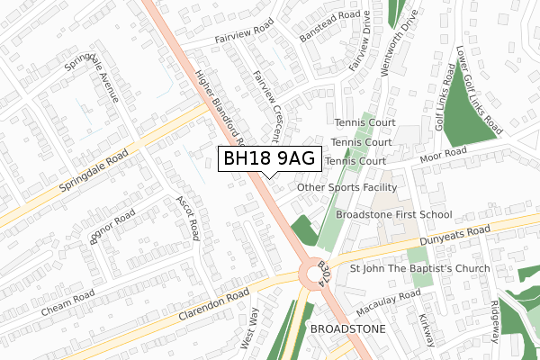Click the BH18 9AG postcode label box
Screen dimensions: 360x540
point(269,158)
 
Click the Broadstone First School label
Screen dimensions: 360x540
point(393,215)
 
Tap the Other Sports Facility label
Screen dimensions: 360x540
point(346,187)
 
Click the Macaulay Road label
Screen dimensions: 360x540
point(387,303)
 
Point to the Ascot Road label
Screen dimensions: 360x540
point(186,217)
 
